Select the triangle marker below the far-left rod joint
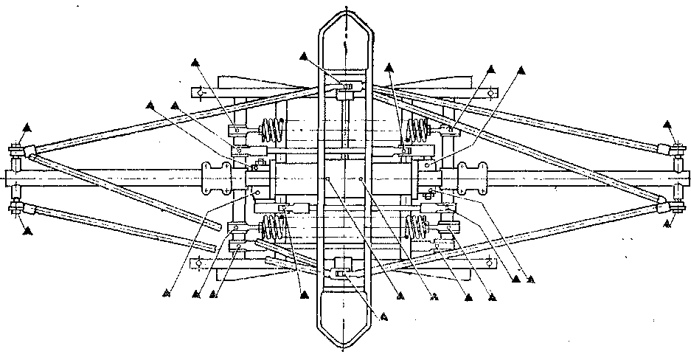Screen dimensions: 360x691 [27, 231]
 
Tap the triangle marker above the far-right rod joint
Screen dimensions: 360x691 [668, 124]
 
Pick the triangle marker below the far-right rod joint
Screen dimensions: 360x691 [668, 221]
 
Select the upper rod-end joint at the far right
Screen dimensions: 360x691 [676, 151]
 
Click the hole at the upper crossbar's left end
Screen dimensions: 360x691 [197, 93]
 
